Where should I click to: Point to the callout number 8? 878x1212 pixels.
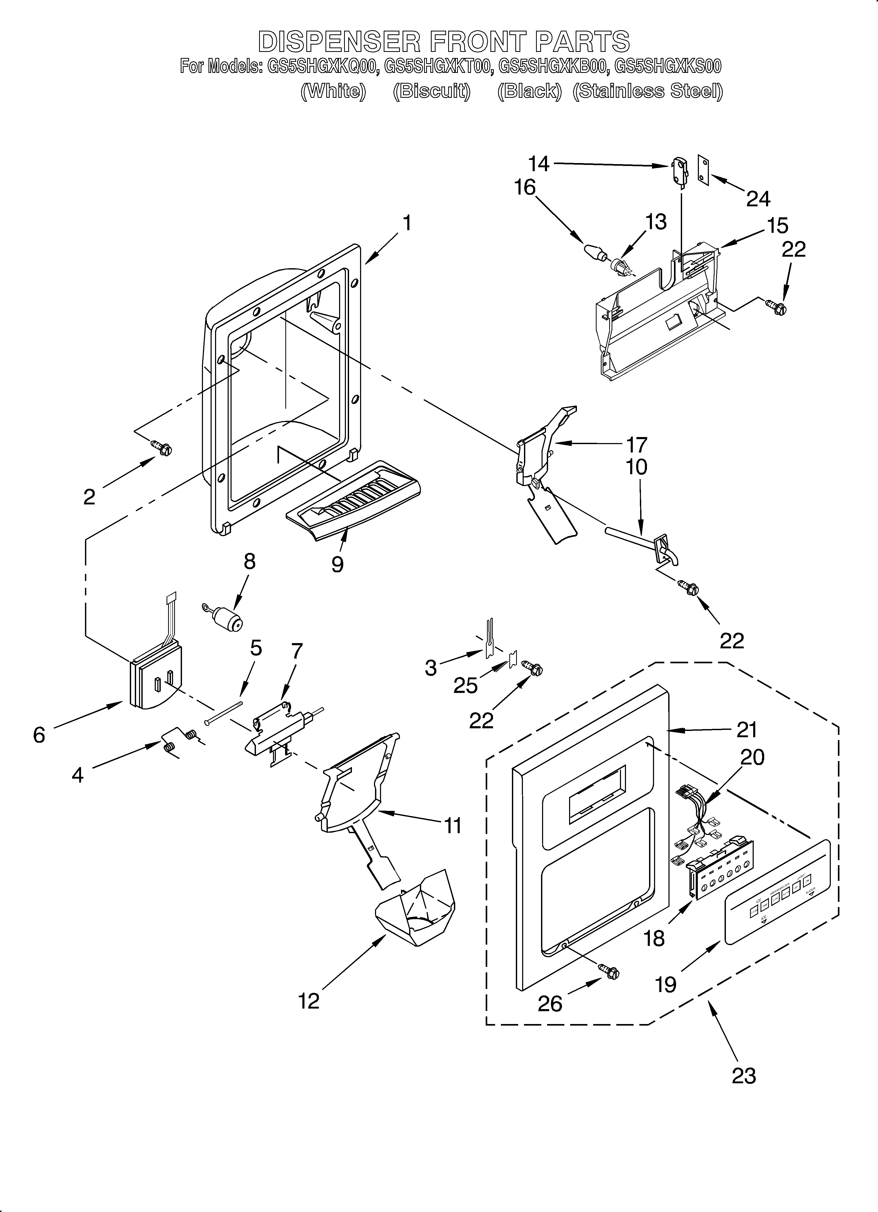pyautogui.click(x=249, y=561)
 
